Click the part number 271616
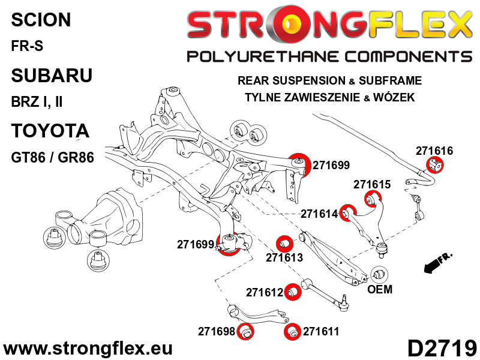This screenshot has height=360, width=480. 434,151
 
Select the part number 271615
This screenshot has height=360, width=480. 372,184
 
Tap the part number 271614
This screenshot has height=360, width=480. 319,214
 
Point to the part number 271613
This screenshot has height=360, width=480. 284,257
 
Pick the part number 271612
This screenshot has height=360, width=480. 264,292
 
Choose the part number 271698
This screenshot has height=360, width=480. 216,331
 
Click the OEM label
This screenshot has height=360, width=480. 379,290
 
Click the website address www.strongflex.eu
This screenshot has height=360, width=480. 88,349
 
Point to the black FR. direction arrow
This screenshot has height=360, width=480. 436,262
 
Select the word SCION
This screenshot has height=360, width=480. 41,20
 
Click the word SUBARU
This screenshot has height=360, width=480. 52,76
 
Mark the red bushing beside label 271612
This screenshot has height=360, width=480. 292,292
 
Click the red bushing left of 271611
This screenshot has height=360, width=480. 293,331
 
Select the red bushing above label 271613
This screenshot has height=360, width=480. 284,244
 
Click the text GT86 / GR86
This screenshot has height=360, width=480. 52,158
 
